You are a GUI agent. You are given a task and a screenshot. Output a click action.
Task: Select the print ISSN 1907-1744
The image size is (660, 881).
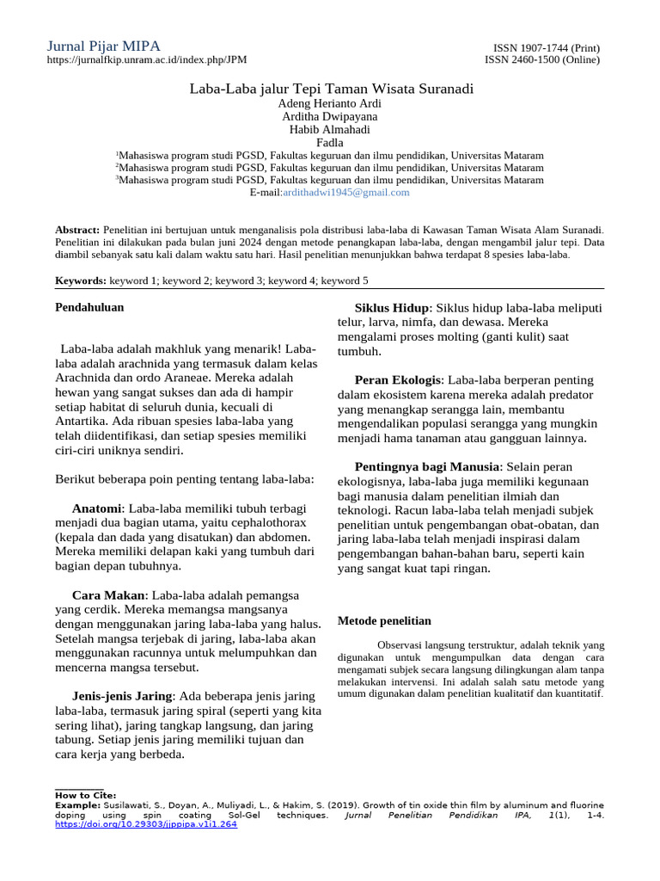546,48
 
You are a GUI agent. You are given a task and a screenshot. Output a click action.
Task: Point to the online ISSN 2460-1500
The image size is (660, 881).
542,60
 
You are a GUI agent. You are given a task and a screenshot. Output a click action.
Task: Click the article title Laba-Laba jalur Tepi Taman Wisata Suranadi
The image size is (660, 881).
330,89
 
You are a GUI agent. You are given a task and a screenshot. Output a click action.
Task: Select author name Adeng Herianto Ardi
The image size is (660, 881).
330,103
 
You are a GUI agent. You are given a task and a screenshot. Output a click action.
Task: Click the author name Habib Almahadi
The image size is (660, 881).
330,130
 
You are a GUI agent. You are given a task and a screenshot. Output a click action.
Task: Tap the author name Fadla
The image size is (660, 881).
330,143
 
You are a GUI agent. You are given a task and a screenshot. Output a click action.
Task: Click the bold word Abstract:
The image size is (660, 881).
77,231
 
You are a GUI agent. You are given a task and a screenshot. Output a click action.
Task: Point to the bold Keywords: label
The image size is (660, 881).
81,280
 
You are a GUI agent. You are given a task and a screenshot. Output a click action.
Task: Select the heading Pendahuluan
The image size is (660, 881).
89,306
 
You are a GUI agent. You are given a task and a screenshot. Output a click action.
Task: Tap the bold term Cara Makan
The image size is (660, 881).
109,595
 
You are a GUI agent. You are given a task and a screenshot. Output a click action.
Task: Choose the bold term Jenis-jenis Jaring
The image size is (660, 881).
123,695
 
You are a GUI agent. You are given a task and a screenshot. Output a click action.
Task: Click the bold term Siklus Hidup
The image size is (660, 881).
392,308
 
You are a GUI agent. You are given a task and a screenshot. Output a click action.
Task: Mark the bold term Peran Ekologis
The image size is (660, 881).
398,379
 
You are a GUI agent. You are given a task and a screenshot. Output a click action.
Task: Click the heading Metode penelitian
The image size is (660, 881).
384,620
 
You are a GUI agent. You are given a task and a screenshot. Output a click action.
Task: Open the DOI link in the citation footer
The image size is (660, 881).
145,824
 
